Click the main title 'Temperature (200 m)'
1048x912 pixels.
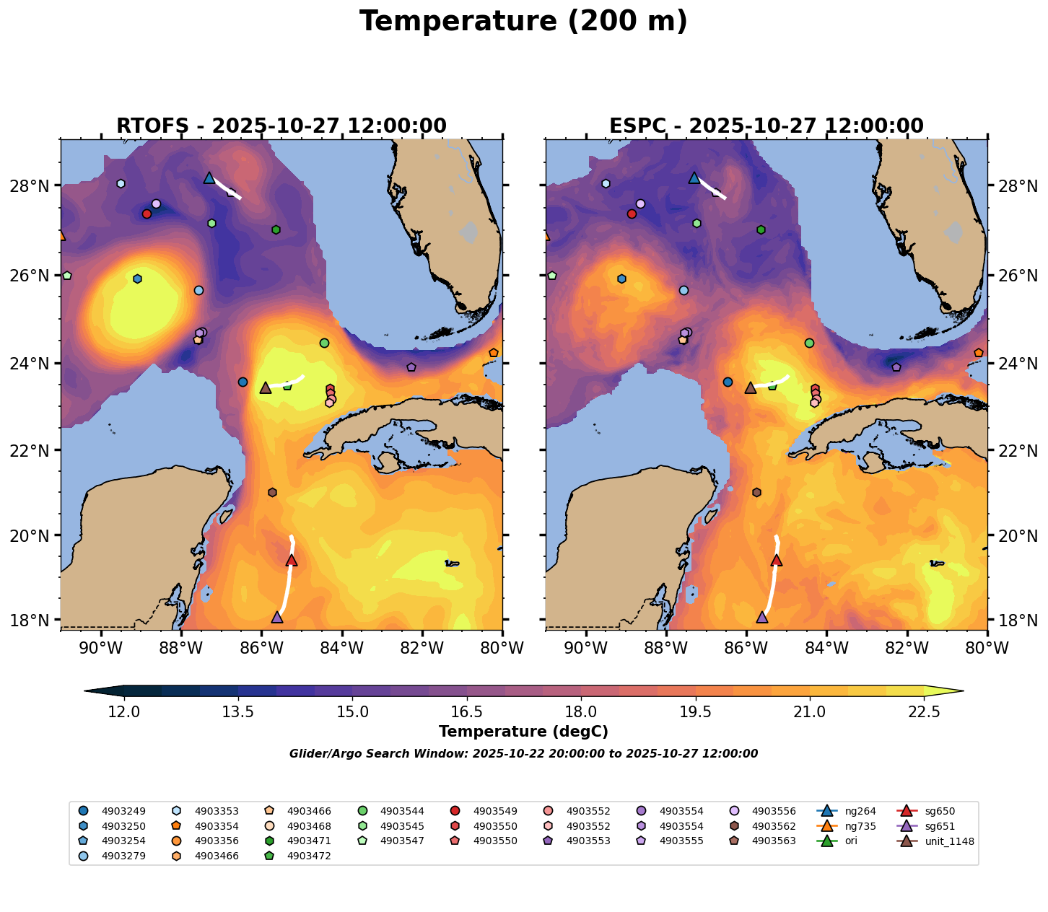point(523,22)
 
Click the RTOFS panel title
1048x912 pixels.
point(281,126)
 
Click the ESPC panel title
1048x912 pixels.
point(767,126)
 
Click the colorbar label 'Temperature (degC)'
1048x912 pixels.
point(523,732)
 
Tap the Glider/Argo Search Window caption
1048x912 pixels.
point(523,754)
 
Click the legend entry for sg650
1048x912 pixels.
point(939,812)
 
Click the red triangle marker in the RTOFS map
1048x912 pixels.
point(292,561)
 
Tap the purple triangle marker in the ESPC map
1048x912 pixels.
point(762,617)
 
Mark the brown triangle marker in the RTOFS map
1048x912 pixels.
point(266,388)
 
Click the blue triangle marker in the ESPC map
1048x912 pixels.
point(694,177)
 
